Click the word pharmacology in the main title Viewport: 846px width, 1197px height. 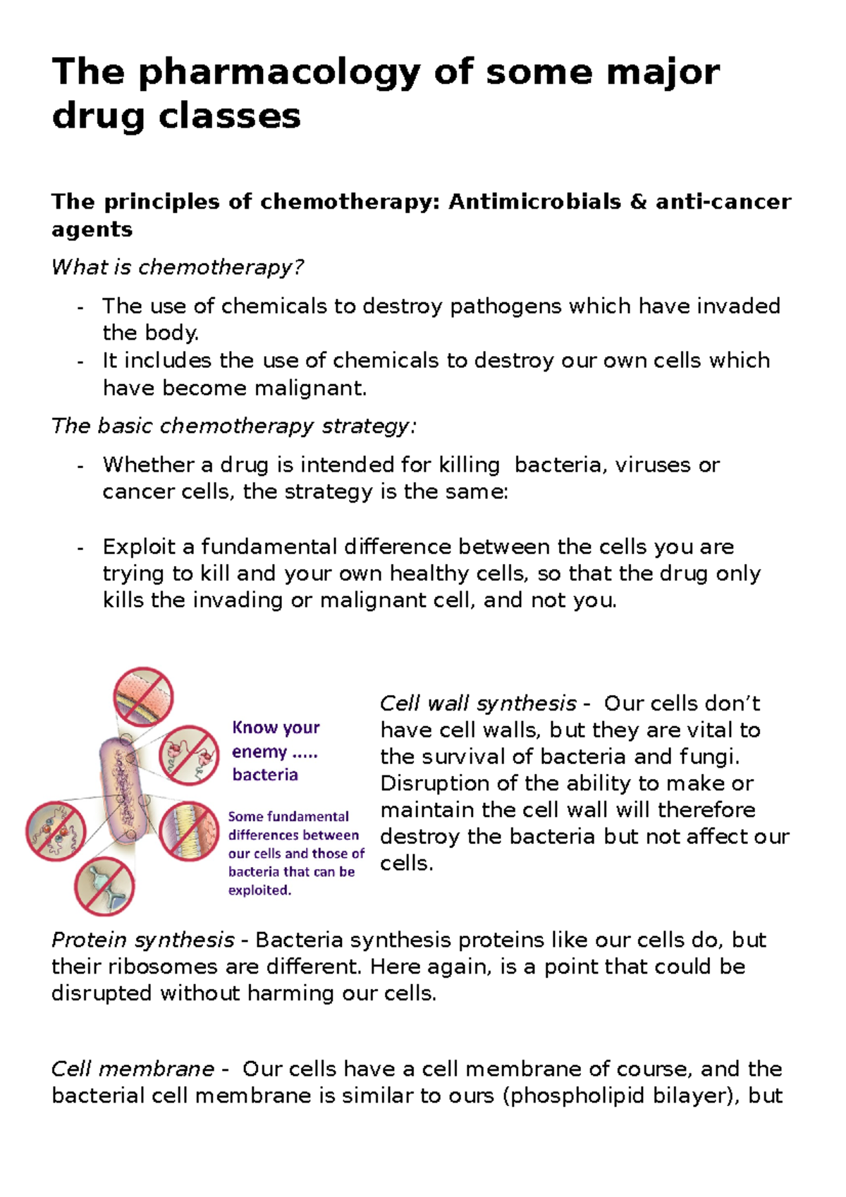pyautogui.click(x=279, y=73)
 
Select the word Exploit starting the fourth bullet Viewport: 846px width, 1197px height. pyautogui.click(x=138, y=546)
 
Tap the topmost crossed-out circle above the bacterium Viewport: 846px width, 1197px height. pyautogui.click(x=143, y=697)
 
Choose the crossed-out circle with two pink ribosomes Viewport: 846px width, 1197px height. pyautogui.click(x=189, y=755)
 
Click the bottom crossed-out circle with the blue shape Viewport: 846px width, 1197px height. pyautogui.click(x=104, y=885)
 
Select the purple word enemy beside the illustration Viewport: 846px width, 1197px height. pyautogui.click(x=259, y=751)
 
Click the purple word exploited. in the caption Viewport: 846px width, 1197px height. pyautogui.click(x=259, y=890)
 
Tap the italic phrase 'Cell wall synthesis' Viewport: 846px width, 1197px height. pyautogui.click(x=478, y=703)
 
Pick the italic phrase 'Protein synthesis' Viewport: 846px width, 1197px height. pyautogui.click(x=142, y=940)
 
